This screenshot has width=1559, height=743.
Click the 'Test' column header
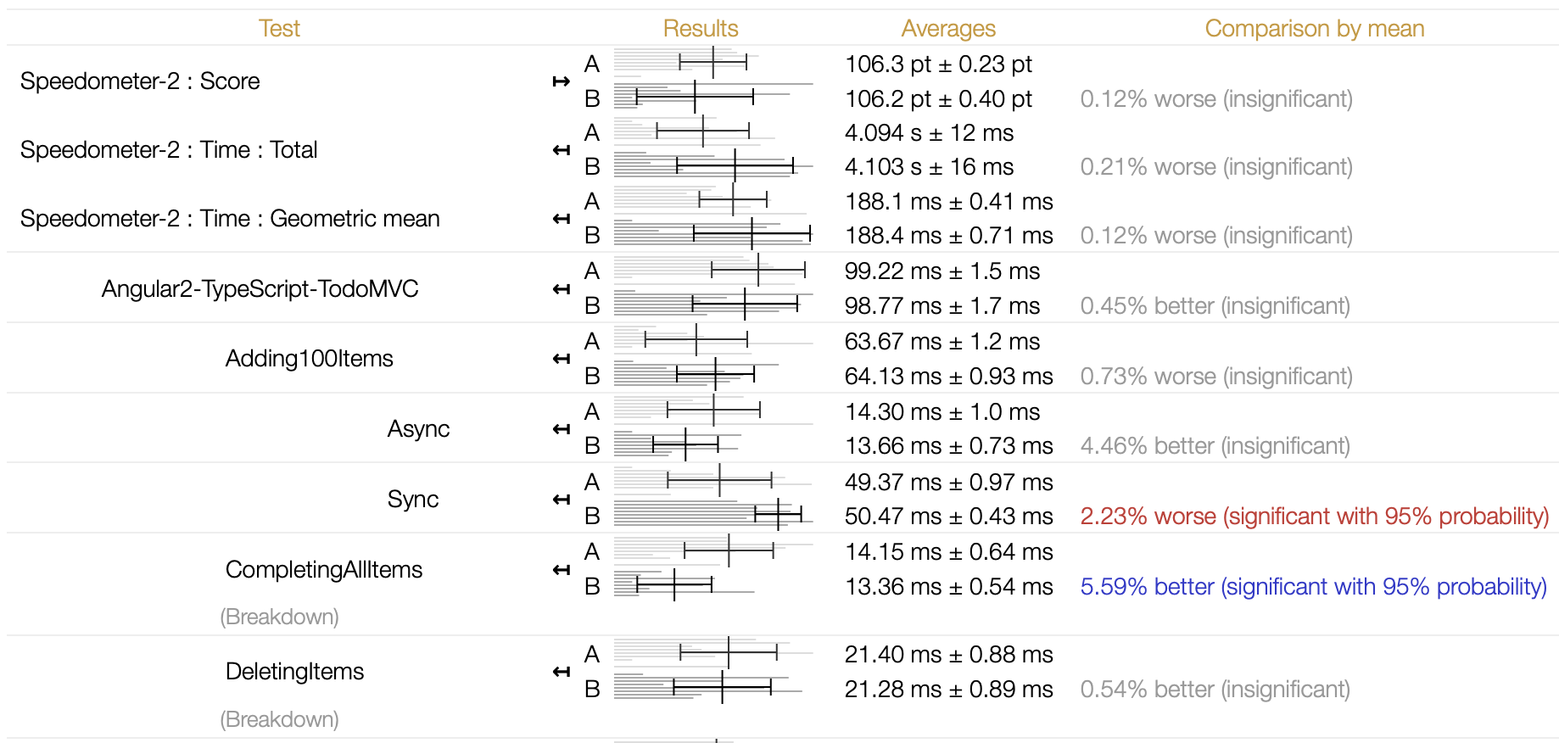279,29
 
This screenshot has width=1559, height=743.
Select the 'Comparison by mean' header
1314,29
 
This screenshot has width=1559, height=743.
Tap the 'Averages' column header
948,29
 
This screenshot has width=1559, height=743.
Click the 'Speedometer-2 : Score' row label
140,81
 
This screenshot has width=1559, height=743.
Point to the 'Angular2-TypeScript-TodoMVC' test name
260,289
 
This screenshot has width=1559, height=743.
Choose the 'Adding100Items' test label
309,359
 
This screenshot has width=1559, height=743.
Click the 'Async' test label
418,429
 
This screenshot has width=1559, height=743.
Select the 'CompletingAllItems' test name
323,570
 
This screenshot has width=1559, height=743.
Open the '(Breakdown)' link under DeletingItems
279,719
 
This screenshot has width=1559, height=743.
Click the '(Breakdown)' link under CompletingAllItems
279,617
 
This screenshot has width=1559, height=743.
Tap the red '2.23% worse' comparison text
1314,517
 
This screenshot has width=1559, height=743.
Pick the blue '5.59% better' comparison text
1313,587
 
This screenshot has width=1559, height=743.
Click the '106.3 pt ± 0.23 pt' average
938,64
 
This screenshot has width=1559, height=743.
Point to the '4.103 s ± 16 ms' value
929,167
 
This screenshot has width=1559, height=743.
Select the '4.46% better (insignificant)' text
1215,446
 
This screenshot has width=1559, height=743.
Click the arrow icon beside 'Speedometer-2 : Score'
561,81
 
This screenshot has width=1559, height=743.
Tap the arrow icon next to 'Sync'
561,500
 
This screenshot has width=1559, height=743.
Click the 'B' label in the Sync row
592,517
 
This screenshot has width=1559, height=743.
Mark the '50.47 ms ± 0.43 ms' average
948,517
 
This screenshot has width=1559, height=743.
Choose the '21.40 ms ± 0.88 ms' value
948,655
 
